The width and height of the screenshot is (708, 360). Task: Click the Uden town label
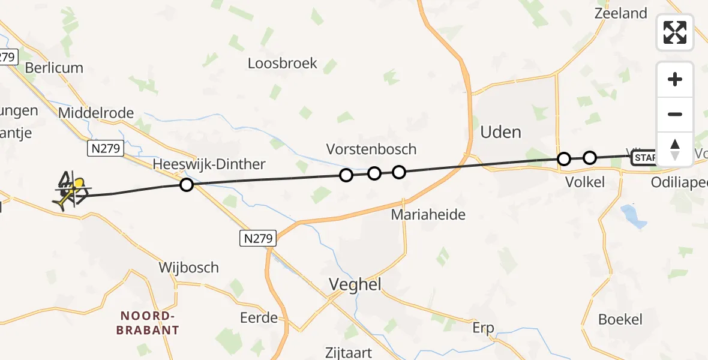(x=501, y=132)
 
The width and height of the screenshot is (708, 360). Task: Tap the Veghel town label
(x=355, y=284)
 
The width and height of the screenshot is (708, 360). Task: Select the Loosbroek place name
(x=283, y=63)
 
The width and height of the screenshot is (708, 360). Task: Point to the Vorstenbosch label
(x=371, y=149)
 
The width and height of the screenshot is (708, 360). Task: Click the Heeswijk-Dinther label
(x=209, y=164)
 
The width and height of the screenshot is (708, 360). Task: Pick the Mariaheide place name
(x=428, y=214)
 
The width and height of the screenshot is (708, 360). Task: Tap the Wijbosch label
(x=188, y=267)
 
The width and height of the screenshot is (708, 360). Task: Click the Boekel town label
(x=620, y=319)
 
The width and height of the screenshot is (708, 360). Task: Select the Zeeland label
(x=620, y=13)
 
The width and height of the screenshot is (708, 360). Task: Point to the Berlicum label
(x=54, y=68)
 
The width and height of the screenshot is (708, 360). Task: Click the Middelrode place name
(x=97, y=113)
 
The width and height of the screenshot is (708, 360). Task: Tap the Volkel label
(x=585, y=182)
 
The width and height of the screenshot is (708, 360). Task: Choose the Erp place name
(x=483, y=328)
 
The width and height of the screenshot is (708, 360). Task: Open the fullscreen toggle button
(x=675, y=32)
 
